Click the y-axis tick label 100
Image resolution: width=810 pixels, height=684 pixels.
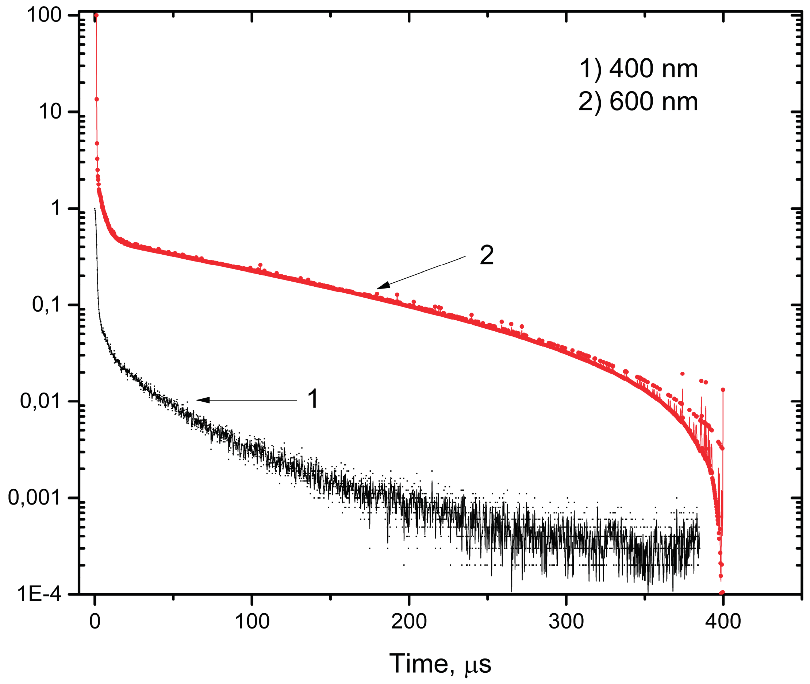(44, 16)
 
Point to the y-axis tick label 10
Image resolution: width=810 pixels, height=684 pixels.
(50, 112)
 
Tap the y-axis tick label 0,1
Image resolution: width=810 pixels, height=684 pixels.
(47, 305)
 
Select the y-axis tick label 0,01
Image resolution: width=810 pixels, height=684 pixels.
(41, 401)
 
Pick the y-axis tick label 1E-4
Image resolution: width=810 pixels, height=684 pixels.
(39, 594)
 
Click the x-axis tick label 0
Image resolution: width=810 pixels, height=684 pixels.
(95, 622)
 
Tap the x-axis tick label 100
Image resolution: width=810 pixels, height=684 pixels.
(252, 622)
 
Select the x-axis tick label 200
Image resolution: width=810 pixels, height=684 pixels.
(409, 622)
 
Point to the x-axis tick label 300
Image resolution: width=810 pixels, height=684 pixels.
(566, 622)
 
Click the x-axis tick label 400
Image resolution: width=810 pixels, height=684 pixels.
(723, 622)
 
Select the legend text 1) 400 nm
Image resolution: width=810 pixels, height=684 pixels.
(638, 69)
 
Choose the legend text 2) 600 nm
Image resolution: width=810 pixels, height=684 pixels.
(638, 102)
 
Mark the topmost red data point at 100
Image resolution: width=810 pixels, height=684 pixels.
(97, 16)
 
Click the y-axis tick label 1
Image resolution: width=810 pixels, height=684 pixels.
(57, 208)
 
